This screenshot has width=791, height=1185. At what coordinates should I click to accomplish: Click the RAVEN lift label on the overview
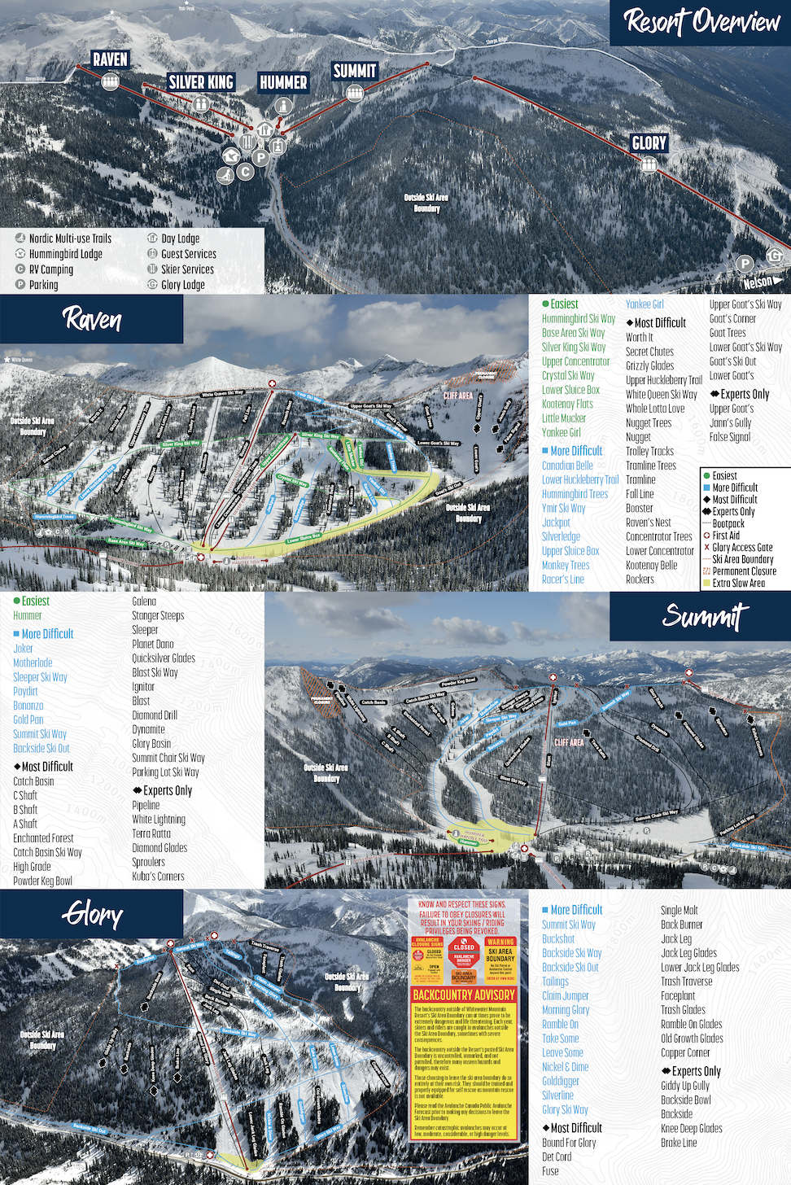tap(110, 59)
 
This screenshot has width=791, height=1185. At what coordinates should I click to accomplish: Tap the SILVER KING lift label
tap(200, 82)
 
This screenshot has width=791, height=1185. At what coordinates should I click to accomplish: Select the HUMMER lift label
tap(283, 82)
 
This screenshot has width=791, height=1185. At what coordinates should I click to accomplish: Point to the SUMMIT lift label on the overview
tap(355, 72)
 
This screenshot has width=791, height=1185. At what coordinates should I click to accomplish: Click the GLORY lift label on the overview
tap(649, 143)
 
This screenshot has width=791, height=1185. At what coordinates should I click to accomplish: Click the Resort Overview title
tap(701, 22)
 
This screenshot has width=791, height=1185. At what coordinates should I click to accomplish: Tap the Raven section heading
tap(92, 319)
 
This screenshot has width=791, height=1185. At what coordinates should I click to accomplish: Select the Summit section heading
tap(705, 616)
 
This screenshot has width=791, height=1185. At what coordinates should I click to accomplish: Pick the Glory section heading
tap(92, 914)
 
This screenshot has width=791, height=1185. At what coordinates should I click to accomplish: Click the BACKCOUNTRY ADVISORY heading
tap(464, 995)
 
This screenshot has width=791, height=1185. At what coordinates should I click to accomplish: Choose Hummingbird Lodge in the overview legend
tap(65, 254)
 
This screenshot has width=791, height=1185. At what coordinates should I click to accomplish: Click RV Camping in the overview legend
tap(50, 269)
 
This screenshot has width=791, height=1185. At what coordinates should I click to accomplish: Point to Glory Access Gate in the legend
tap(742, 548)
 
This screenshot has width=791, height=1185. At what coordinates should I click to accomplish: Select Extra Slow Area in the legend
tap(738, 583)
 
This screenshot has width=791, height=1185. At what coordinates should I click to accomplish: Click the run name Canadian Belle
tap(567, 466)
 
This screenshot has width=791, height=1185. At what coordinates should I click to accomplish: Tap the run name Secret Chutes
tap(649, 352)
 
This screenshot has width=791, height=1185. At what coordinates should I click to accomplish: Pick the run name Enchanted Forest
tap(43, 838)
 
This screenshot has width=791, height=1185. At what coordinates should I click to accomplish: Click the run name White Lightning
tap(159, 820)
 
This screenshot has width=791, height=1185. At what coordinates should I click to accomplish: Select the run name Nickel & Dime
tap(565, 1067)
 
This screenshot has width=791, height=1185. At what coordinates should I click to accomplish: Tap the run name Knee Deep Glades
tap(691, 1129)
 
